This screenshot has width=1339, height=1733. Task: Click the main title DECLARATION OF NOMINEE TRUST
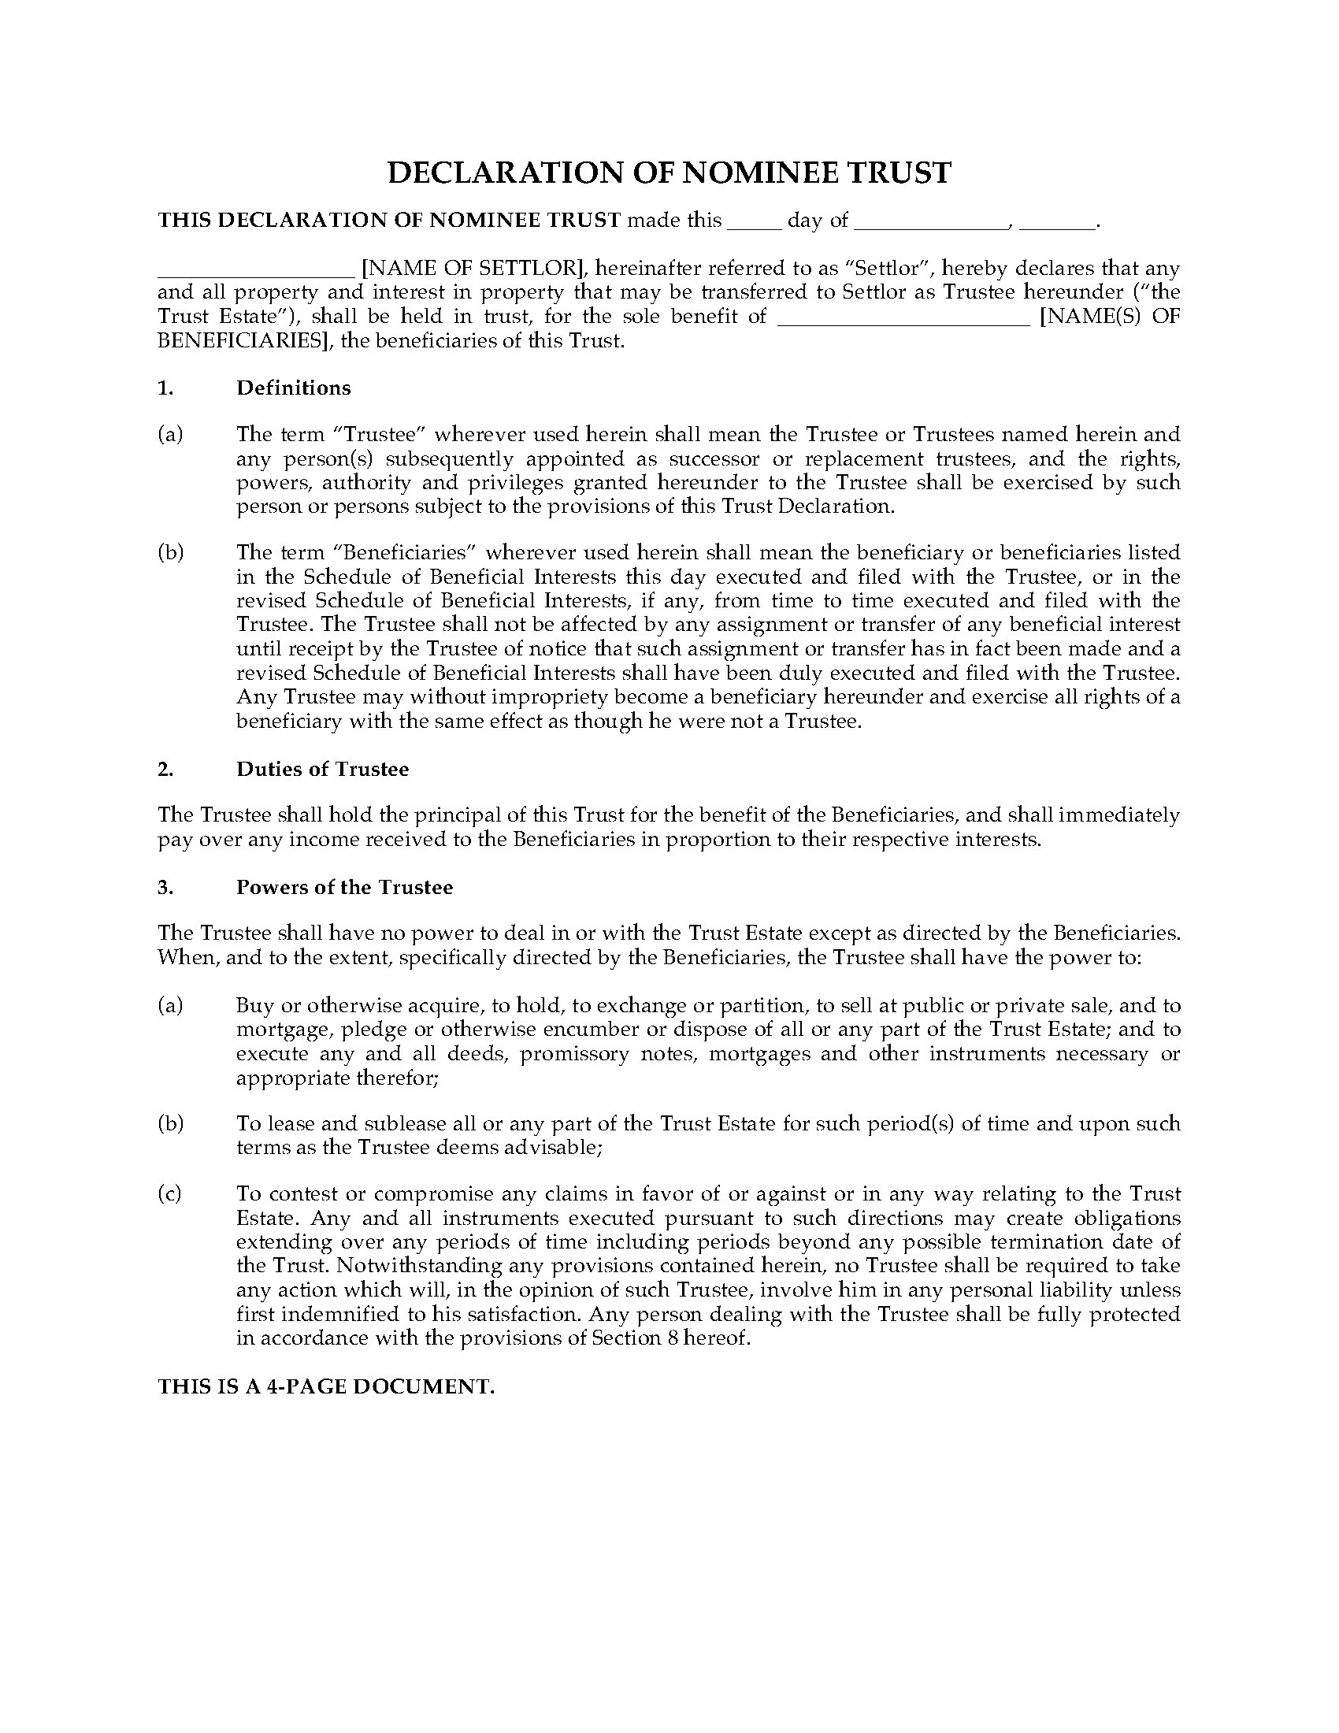click(x=669, y=173)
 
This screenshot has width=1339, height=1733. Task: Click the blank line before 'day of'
click(x=755, y=225)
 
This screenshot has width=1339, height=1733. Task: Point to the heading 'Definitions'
click(x=294, y=388)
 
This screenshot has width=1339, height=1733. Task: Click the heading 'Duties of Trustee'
click(x=322, y=769)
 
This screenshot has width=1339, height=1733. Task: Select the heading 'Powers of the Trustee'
click(x=344, y=887)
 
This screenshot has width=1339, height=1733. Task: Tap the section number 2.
click(x=165, y=769)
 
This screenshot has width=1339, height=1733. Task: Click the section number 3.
click(x=165, y=887)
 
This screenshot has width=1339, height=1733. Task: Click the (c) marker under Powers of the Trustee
click(x=170, y=1194)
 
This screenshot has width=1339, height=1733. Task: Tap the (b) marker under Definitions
click(x=170, y=552)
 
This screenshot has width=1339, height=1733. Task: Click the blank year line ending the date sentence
click(x=1055, y=225)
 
